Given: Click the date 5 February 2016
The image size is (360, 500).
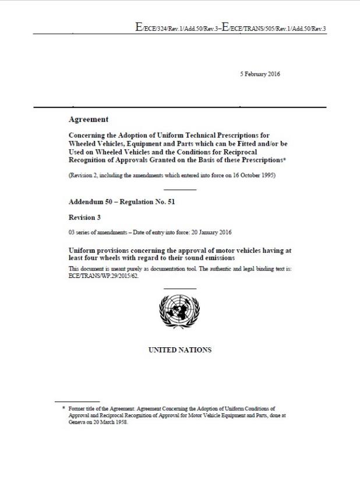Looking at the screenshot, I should point(260,73).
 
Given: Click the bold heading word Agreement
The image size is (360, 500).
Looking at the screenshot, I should point(89,119).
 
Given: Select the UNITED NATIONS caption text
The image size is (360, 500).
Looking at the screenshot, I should point(180,350).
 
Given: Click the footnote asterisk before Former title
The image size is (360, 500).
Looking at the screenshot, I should point(63,409).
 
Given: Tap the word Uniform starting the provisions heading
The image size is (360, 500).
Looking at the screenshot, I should point(84,249).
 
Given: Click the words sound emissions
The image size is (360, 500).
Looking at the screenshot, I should point(204,257).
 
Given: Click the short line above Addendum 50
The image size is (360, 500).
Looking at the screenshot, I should point(180,189).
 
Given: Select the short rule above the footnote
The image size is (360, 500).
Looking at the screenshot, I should point(69,402).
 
